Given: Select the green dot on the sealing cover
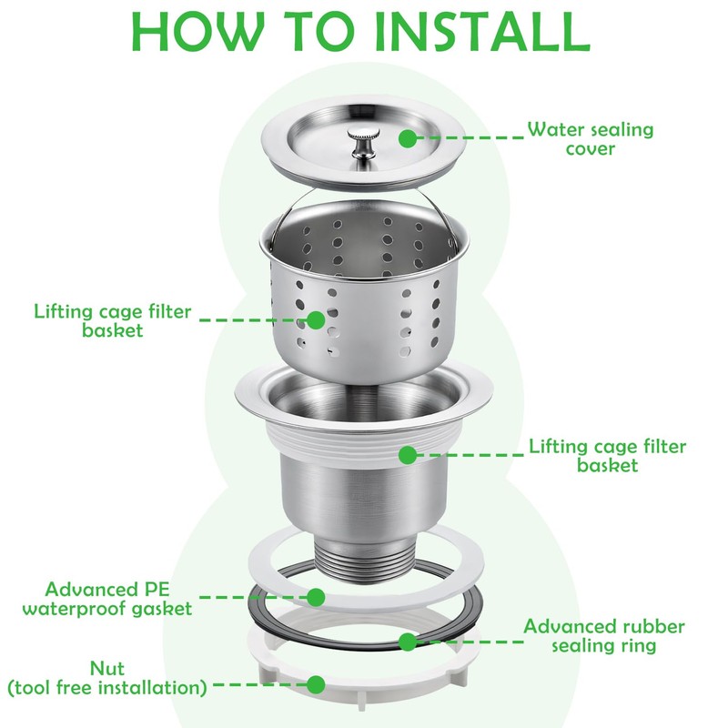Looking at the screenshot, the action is coord(407,138).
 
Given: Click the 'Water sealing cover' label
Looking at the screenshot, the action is coord(590,138).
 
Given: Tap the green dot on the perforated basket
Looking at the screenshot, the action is coord(316,320).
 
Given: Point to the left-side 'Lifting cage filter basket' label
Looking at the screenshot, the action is coord(112,320).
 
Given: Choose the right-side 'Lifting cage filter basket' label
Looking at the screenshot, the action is coord(607,456).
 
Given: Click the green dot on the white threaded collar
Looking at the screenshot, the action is coord(407,455).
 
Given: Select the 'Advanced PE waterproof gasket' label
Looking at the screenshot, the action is coord(107,599).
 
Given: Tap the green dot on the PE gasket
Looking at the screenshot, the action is coord(316,598).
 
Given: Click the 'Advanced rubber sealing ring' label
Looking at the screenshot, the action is coord(604,635).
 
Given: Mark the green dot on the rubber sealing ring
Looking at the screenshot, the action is coord(407,642).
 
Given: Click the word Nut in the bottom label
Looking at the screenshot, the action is coord(107,669).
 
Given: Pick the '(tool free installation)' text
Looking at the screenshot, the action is coord(107,688).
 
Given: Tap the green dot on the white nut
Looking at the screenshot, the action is coord(316,685).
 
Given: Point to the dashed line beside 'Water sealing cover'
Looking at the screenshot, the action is coord(470,138).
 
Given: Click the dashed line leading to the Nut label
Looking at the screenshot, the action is coord(260,685).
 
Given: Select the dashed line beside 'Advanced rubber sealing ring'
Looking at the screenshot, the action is coord(470,642).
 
